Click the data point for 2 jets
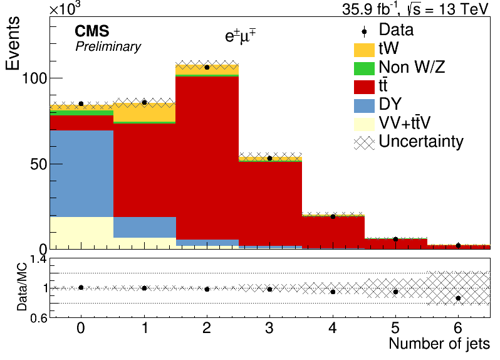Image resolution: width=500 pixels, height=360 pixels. [x=207, y=67]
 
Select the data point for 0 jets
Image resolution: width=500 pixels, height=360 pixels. [x=81, y=103]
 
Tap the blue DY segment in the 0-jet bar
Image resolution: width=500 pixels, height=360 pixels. [x=81, y=174]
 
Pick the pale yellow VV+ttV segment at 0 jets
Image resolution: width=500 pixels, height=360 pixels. [x=81, y=233]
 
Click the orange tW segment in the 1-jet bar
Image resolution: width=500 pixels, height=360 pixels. [x=145, y=112]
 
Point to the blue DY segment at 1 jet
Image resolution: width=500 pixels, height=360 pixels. [x=145, y=227]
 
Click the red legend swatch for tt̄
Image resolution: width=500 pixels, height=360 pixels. [x=364, y=87]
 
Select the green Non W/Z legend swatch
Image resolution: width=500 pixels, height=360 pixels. [x=364, y=68]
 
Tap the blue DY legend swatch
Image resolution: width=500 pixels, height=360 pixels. [x=364, y=106]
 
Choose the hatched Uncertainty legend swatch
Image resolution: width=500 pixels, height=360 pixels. [x=364, y=143]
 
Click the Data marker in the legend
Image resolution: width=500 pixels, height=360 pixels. [x=364, y=31]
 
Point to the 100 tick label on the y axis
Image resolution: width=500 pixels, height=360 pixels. [x=34, y=78]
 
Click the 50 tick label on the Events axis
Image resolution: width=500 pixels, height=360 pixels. [x=39, y=164]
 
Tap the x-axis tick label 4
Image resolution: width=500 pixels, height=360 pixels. [x=333, y=328]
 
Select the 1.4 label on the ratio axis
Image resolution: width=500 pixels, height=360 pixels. [x=38, y=260]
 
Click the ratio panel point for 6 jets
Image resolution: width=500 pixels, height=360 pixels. [x=458, y=299]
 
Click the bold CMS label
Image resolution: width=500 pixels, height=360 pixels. [x=92, y=31]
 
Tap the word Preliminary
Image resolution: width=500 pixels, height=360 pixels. [x=108, y=46]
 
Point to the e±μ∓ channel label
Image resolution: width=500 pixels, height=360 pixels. [x=241, y=36]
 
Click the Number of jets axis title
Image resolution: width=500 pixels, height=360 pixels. [x=439, y=344]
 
